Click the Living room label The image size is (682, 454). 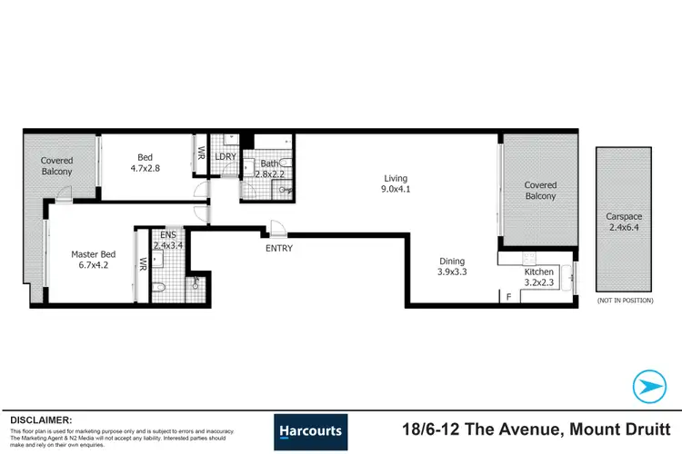(x=395, y=178)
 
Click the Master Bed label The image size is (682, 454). (x=90, y=254)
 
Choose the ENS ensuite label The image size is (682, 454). (x=167, y=234)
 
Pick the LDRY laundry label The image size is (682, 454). (x=225, y=157)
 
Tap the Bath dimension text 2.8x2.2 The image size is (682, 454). (x=270, y=173)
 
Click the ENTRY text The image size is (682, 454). (x=278, y=247)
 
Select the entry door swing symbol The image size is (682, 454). (x=278, y=230)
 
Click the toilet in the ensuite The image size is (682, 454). (x=158, y=289)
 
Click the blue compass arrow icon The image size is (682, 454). (x=648, y=386)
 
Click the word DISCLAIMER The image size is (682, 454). (x=41, y=420)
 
